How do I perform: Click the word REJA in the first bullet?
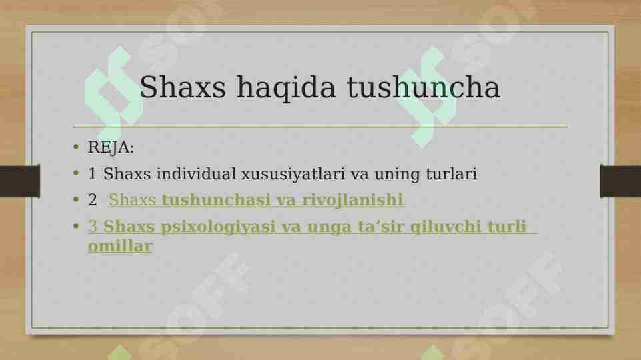tap(109, 147)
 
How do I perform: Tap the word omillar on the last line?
tap(120, 246)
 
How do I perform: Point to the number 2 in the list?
tap(93, 200)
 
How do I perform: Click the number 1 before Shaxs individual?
tap(93, 175)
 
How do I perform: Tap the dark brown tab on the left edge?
tap(19, 181)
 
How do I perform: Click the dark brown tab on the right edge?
tap(620, 181)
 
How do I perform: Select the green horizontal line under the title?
tap(320, 126)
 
